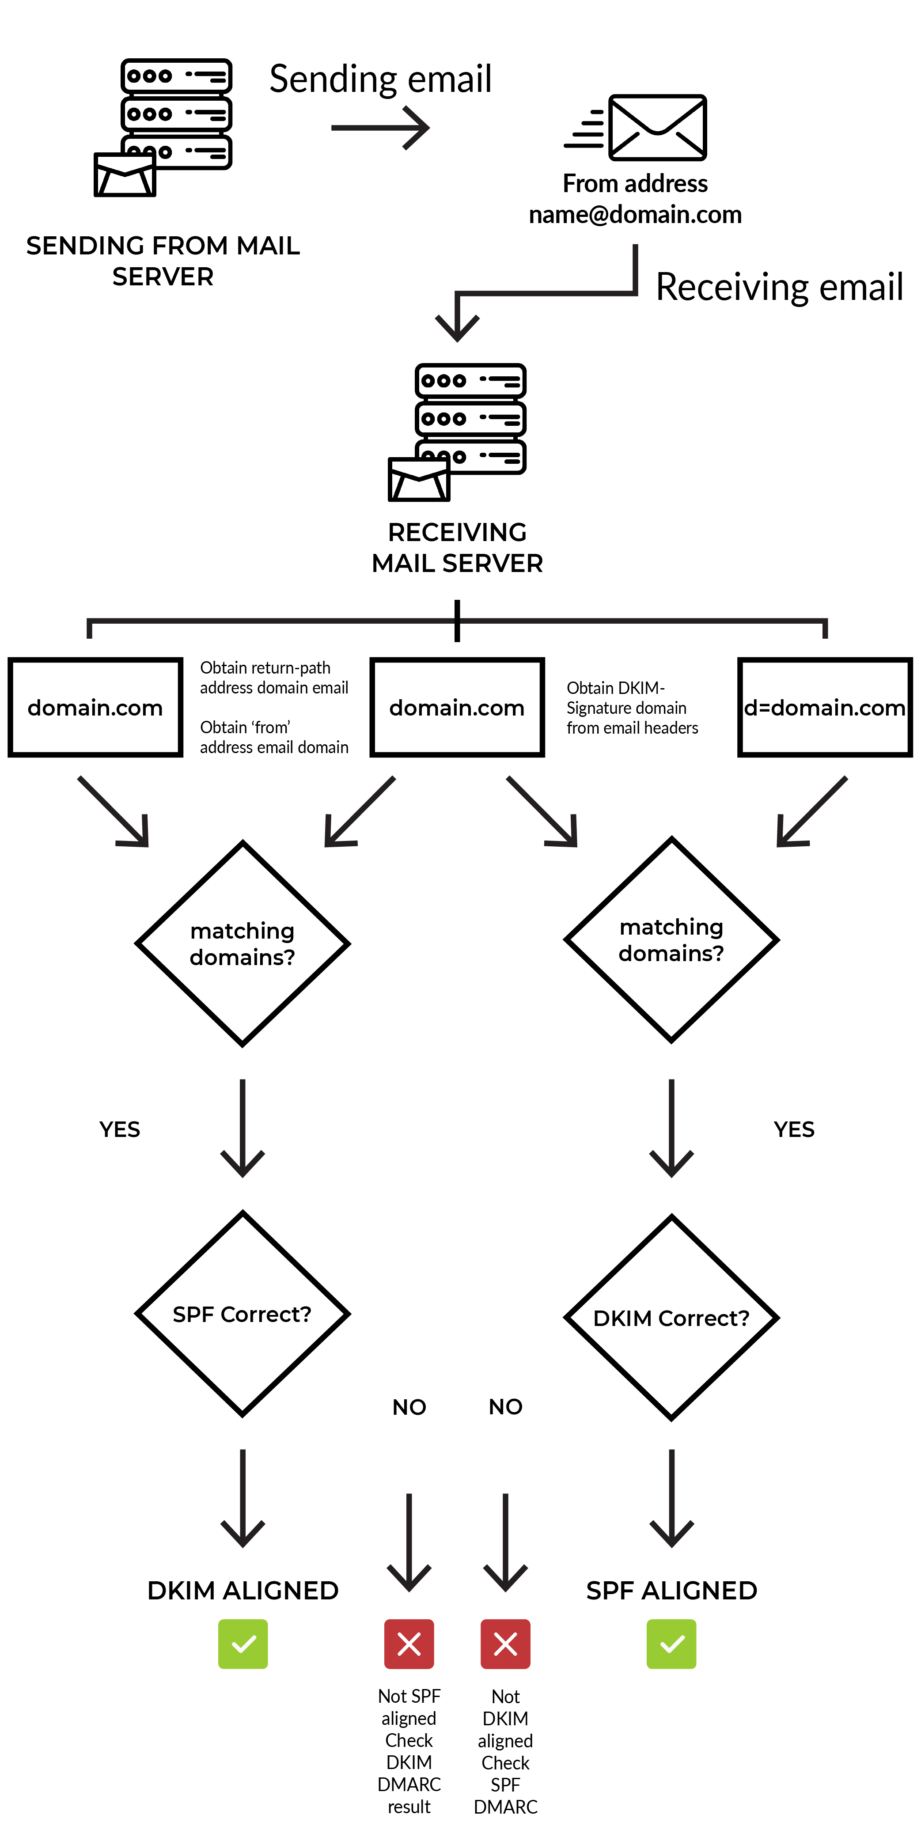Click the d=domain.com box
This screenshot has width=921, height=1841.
pyautogui.click(x=825, y=707)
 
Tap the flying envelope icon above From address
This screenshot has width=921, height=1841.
pyautogui.click(x=635, y=127)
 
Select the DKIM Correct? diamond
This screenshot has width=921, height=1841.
pyautogui.click(x=671, y=1317)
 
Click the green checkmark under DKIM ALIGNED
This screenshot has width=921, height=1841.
pyautogui.click(x=243, y=1644)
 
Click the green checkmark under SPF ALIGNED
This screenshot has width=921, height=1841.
pyautogui.click(x=671, y=1644)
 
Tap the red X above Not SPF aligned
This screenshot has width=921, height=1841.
pyautogui.click(x=409, y=1644)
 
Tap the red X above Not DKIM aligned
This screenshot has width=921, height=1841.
pyautogui.click(x=505, y=1644)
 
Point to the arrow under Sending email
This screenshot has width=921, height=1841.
pyautogui.click(x=380, y=128)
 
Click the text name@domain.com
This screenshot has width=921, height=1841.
pyautogui.click(x=635, y=214)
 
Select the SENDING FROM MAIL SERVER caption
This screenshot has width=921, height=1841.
pyautogui.click(x=163, y=261)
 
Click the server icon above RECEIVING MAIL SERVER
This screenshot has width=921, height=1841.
pyautogui.click(x=457, y=432)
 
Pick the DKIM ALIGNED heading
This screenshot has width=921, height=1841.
pyautogui.click(x=243, y=1590)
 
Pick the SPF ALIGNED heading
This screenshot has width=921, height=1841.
pyautogui.click(x=671, y=1590)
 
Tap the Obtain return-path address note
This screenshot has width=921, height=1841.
pyautogui.click(x=274, y=678)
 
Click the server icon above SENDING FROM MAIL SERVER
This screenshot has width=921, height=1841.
pyautogui.click(x=163, y=127)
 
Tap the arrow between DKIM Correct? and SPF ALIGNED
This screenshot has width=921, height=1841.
pyautogui.click(x=671, y=1498)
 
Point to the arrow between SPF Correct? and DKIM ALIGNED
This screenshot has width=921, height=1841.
pyautogui.click(x=243, y=1498)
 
